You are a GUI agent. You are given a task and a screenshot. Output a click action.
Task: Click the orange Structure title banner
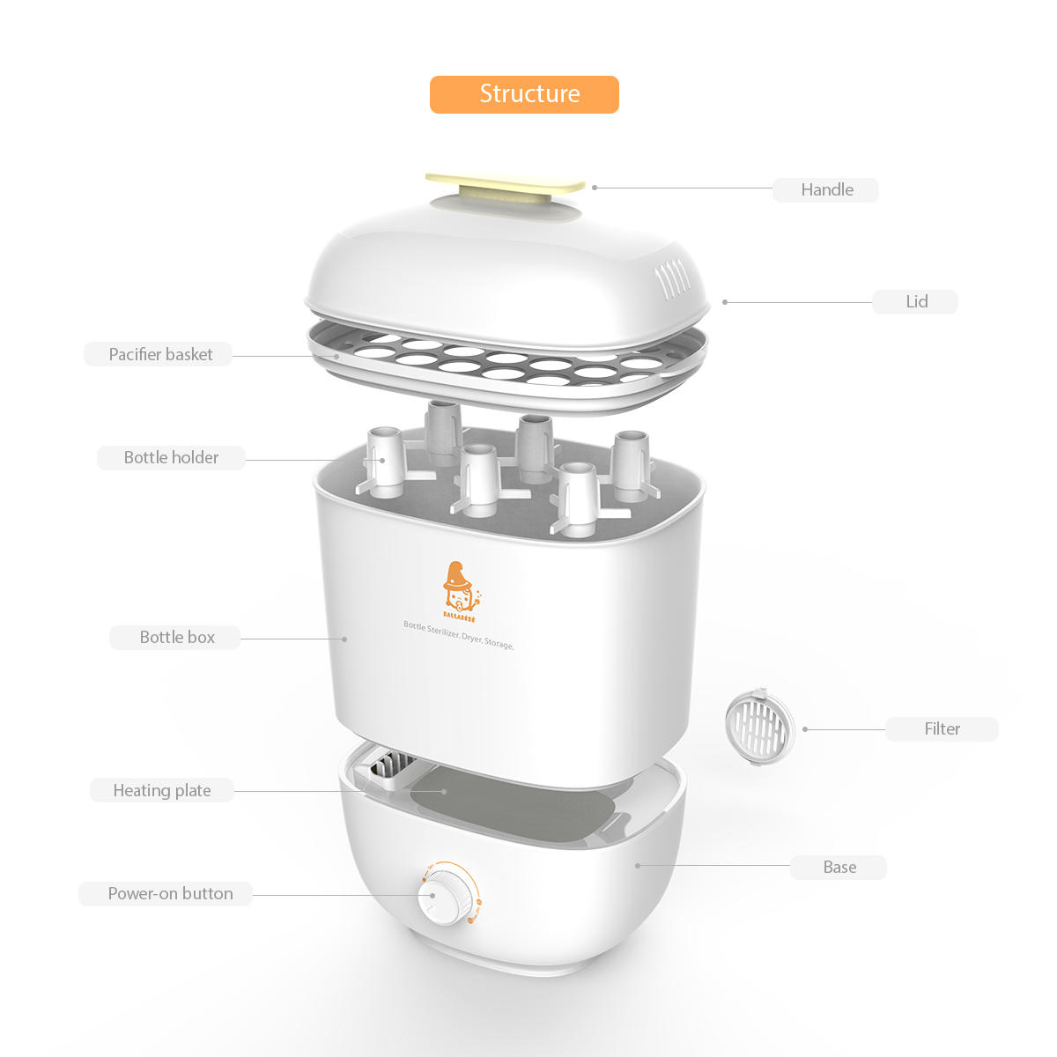[x=524, y=94]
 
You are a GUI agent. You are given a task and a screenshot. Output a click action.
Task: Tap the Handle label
[x=826, y=189]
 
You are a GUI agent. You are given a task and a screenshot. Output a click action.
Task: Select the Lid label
[x=915, y=301]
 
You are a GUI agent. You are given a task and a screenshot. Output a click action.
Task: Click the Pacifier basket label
[x=159, y=354]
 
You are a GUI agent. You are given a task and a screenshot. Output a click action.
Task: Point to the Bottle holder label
[x=171, y=457]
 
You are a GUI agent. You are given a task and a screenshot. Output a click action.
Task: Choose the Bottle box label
[x=176, y=637]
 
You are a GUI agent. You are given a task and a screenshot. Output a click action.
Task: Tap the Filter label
[x=942, y=728]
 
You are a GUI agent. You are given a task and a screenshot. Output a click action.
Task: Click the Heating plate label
[x=162, y=790]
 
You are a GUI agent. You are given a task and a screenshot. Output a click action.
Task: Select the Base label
[x=839, y=867]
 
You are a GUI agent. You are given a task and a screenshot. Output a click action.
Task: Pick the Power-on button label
[x=170, y=893]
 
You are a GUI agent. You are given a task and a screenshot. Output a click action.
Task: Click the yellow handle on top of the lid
[x=506, y=184]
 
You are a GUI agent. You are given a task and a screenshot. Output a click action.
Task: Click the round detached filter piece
[x=759, y=727]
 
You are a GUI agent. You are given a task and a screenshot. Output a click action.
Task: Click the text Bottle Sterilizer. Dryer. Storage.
[x=458, y=634]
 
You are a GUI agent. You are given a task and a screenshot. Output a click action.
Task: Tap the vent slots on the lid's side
[x=670, y=281]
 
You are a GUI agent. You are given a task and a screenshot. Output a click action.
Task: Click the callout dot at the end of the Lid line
[x=725, y=302]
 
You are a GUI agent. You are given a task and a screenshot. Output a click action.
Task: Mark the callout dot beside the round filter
[x=805, y=729]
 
